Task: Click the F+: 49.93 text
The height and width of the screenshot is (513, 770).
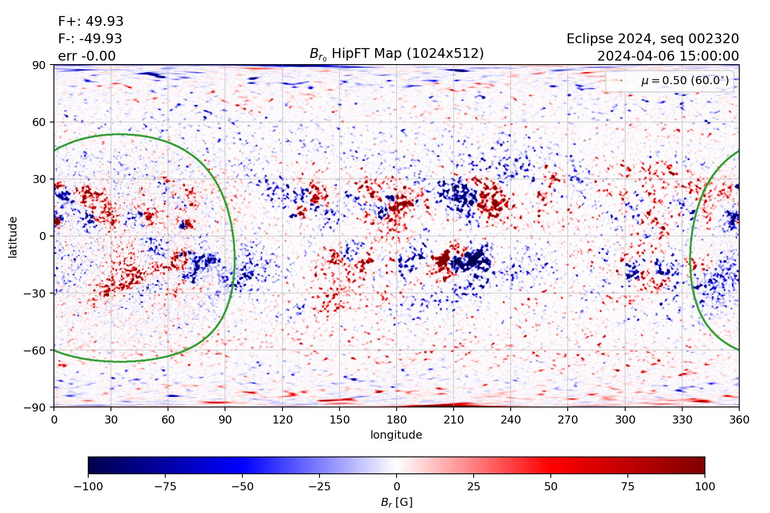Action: pos(90,21)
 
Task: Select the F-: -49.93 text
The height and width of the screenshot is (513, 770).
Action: pos(90,39)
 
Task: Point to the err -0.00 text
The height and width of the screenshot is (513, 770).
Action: pos(87,56)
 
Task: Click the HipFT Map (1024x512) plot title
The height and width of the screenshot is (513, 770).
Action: pos(397,53)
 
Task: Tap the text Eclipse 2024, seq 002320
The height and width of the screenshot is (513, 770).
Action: pos(652,39)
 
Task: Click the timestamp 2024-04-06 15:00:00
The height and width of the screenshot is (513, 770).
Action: pos(668,56)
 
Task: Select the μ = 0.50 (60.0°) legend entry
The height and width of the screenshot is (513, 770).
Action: pos(684,81)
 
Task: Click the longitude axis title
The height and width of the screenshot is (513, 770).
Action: pos(396,435)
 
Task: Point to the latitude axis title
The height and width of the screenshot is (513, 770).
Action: pos(12,237)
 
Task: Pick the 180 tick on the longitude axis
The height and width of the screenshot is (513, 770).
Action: pos(397,419)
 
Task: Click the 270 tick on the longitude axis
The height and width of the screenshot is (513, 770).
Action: pos(568,419)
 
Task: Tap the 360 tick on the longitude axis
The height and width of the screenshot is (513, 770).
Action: pos(739,419)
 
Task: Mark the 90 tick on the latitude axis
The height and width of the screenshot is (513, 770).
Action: pos(39,65)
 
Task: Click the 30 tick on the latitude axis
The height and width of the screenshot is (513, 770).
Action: pos(39,179)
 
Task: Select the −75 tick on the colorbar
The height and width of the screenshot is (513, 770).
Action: pos(165,486)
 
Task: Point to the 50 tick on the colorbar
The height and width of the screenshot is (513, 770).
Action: pos(551,486)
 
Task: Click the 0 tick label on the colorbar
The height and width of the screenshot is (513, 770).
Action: pos(397,486)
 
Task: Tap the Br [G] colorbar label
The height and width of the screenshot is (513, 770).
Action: pos(397,502)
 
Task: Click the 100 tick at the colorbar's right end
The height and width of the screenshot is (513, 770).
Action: pos(704,486)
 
